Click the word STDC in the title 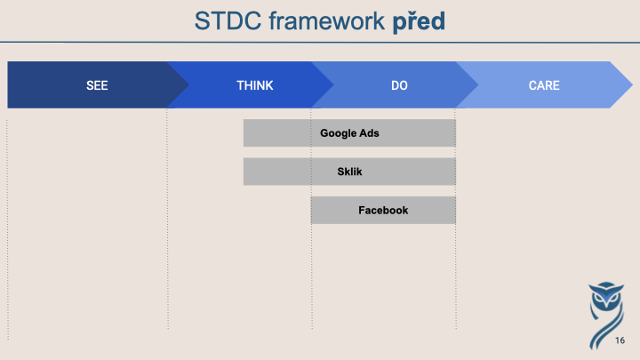coord(228,20)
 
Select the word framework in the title coord(326,20)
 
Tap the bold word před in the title coord(419,21)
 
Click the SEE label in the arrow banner coord(97,85)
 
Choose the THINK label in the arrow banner coord(255,85)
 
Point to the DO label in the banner coord(399,85)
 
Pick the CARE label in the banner coord(544,85)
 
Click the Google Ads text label coord(349,133)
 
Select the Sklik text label coord(349,172)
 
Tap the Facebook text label coord(383,210)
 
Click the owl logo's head coord(606,296)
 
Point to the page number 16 coord(620,340)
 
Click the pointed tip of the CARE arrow coord(632,85)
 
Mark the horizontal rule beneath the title coord(320,42)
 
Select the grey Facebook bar coord(383,210)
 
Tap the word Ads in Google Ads coord(369,133)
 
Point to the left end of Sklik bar coord(244,172)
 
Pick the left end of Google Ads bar coord(244,133)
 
